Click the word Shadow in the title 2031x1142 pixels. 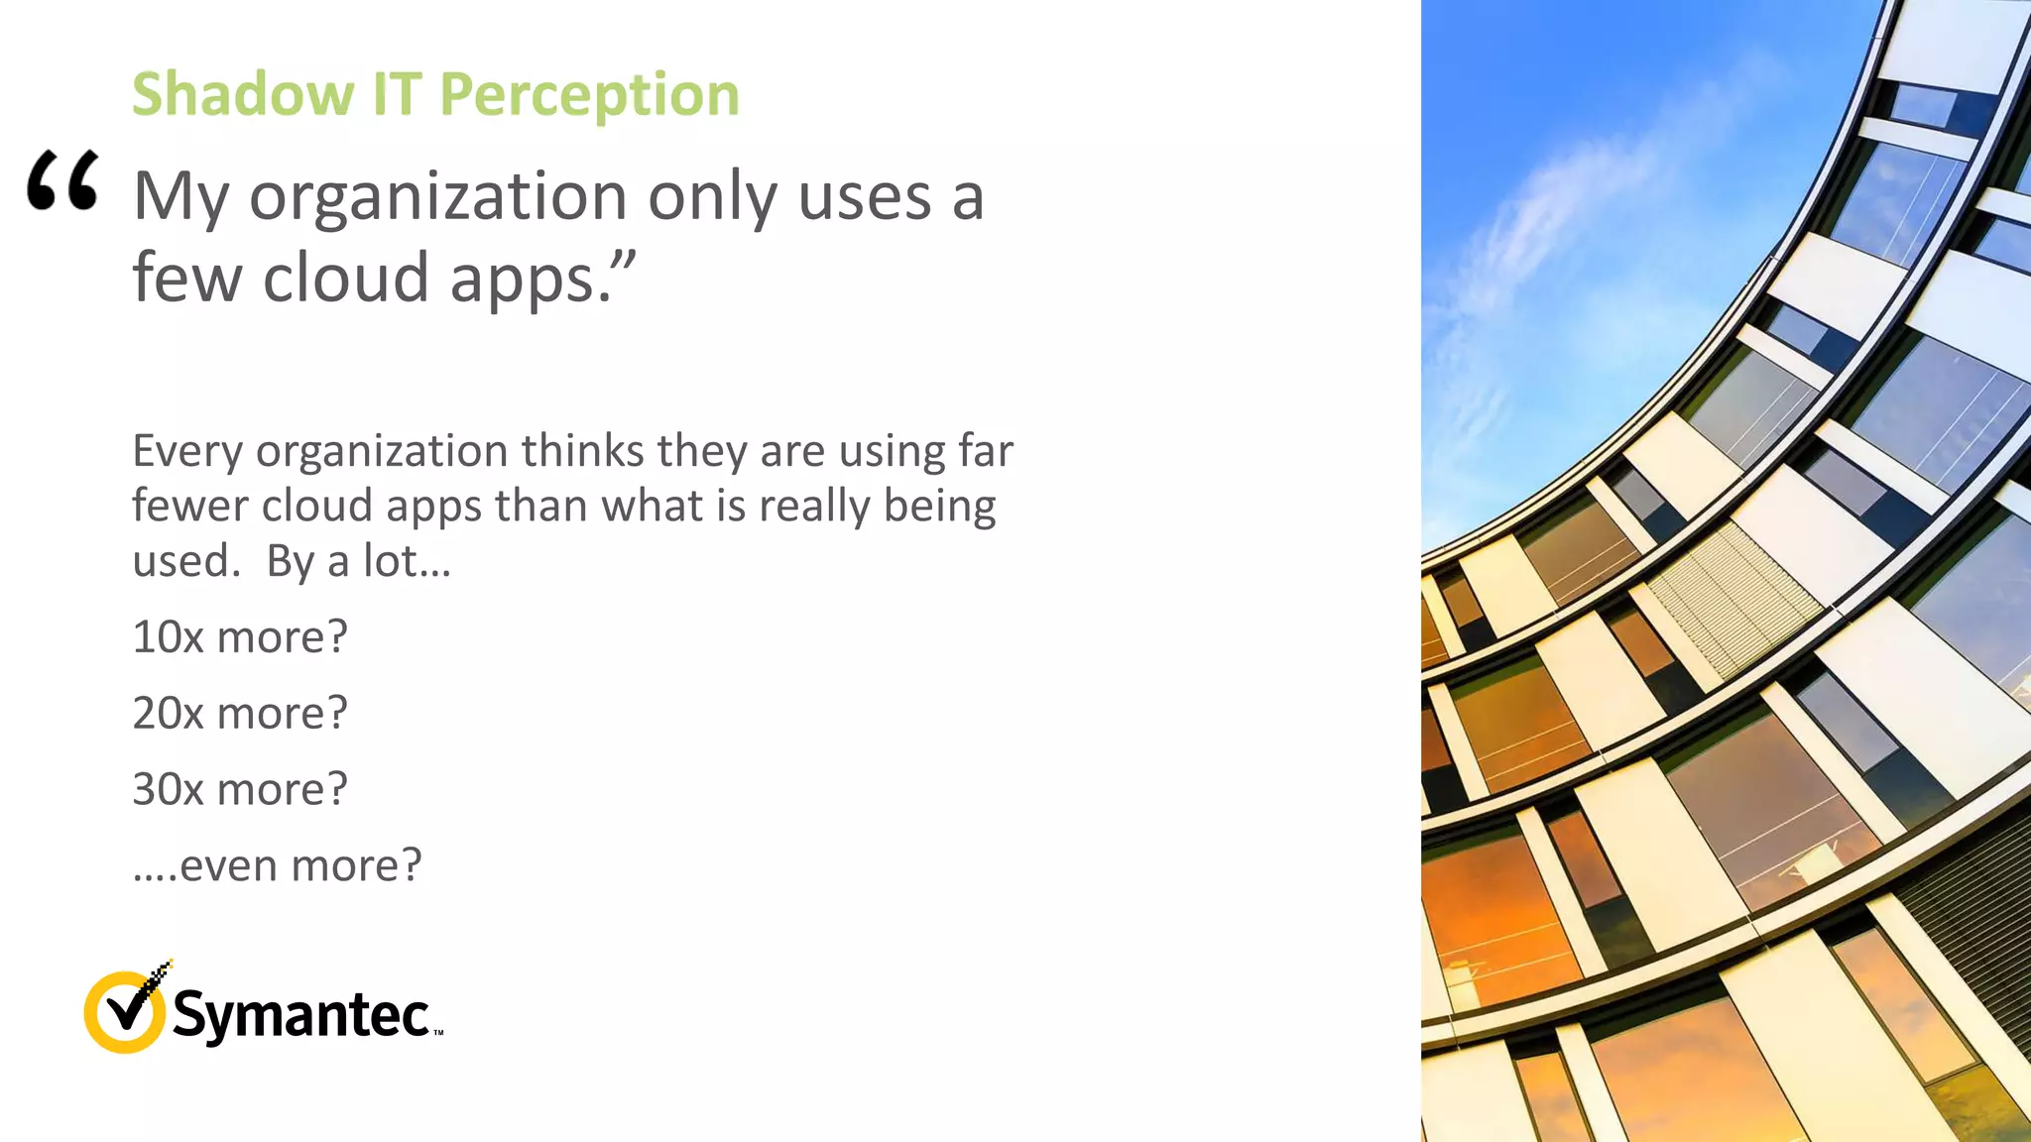click(243, 94)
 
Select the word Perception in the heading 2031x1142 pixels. click(589, 96)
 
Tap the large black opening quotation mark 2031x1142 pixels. click(62, 180)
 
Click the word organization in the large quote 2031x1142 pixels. click(437, 196)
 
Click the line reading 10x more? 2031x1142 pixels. click(240, 636)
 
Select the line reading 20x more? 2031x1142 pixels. click(240, 713)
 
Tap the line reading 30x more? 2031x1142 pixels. click(240, 789)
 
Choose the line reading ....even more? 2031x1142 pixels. click(277, 865)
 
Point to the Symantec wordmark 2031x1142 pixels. click(300, 1014)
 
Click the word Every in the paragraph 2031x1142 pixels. click(187, 451)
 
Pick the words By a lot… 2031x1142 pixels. click(358, 561)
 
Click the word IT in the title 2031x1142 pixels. click(396, 94)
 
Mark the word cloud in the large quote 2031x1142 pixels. click(345, 279)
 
